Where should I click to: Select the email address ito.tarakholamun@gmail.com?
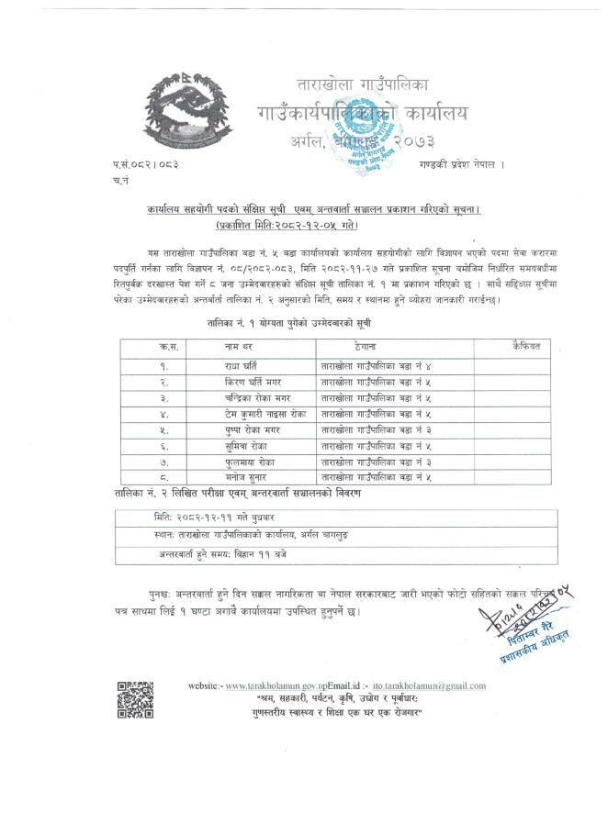click(430, 685)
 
